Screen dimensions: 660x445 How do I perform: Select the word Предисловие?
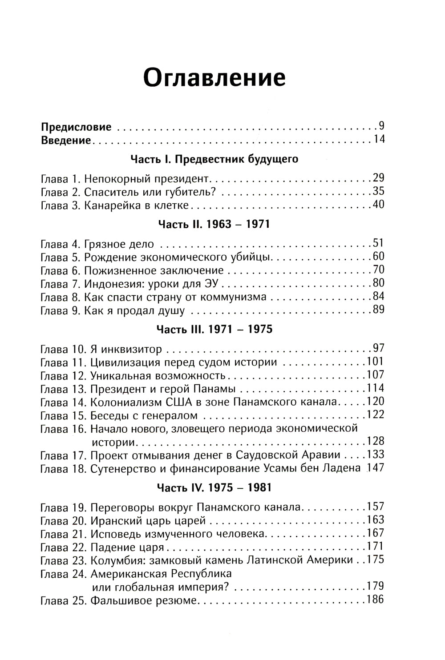(x=76, y=127)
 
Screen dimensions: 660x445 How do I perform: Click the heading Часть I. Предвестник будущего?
(x=214, y=159)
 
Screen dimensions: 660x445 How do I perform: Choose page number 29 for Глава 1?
(x=378, y=178)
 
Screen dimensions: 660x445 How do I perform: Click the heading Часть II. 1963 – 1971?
(x=214, y=224)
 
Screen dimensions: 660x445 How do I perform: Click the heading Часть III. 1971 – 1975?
(x=214, y=330)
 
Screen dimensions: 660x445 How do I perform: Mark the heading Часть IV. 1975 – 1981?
(x=214, y=488)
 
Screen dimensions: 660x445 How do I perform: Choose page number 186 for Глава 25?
(x=375, y=600)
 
